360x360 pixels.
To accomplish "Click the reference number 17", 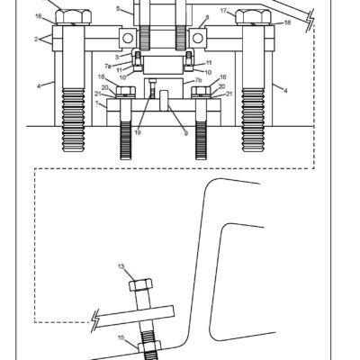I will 223,12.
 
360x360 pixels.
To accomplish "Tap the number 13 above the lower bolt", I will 122,267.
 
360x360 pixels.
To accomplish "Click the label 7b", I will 198,79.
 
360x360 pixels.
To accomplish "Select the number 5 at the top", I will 117,8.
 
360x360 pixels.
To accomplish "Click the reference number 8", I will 207,17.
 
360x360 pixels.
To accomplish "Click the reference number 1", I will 99,104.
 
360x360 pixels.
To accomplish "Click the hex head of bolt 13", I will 142,285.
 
